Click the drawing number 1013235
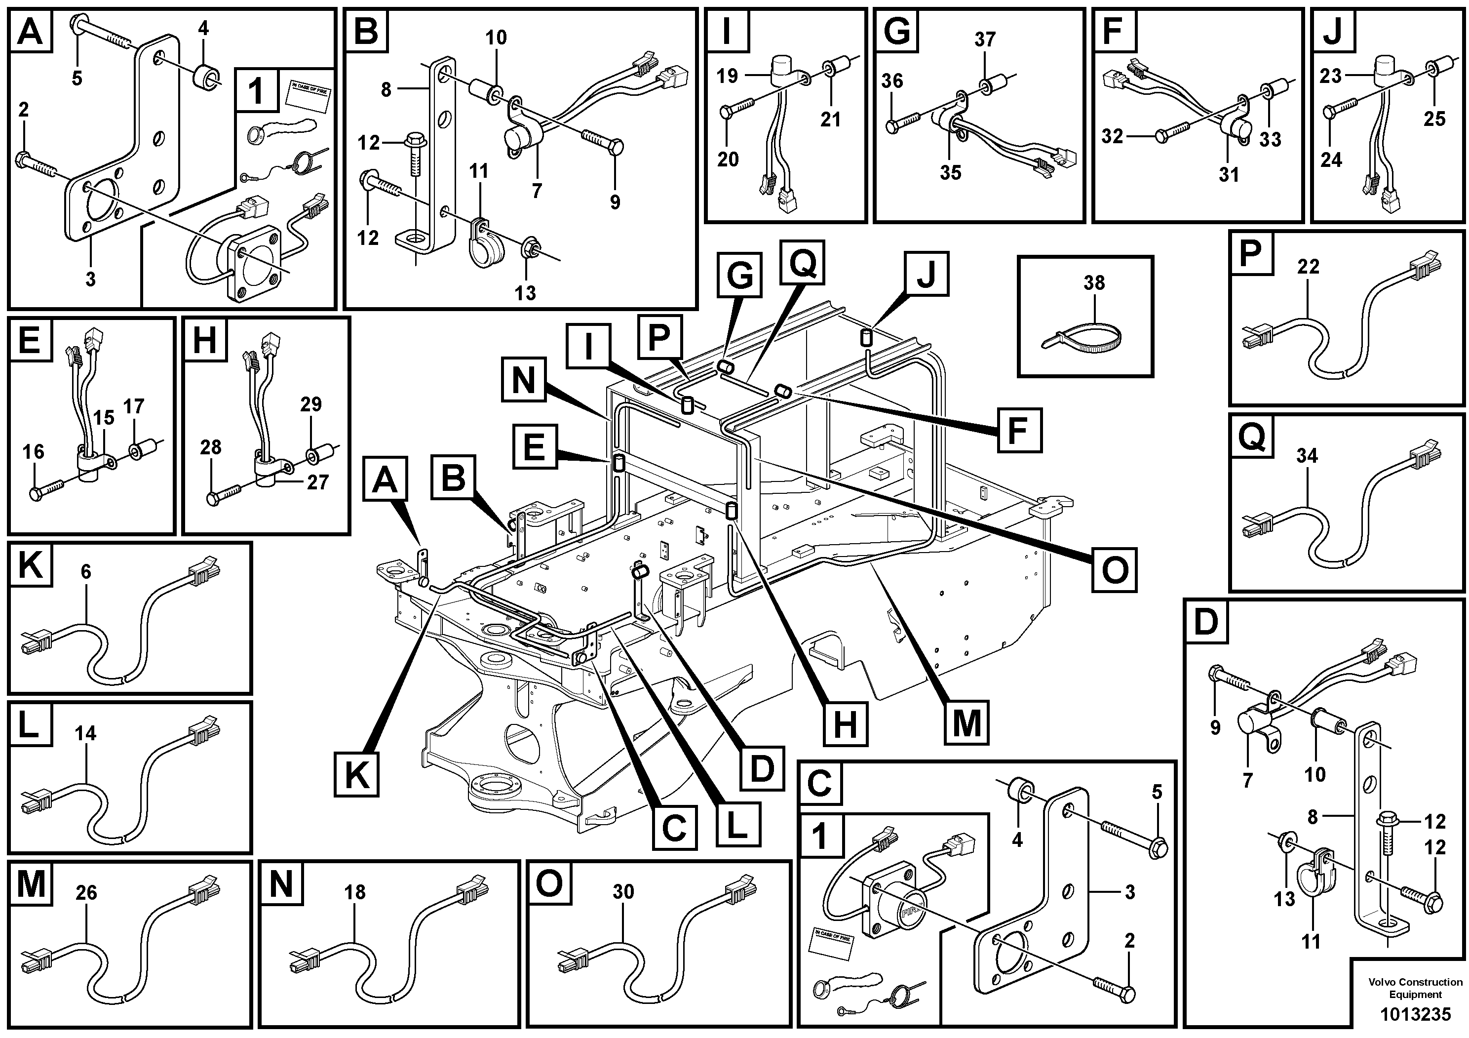[1415, 1014]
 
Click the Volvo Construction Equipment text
[1415, 988]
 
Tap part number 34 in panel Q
[1307, 456]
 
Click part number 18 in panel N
[354, 892]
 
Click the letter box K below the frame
[356, 775]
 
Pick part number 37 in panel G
[985, 40]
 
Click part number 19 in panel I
[727, 76]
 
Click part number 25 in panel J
[1434, 119]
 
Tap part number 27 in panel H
[317, 482]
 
